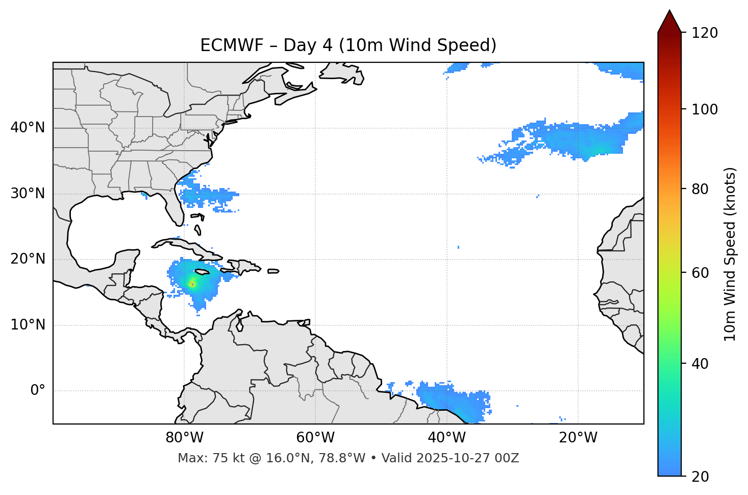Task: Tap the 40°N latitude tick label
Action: (x=28, y=128)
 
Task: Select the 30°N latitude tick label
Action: (x=28, y=194)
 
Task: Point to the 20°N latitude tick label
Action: (x=28, y=259)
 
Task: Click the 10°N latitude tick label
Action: (x=28, y=325)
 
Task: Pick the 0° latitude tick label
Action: (x=37, y=391)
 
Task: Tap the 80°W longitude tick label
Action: (x=184, y=438)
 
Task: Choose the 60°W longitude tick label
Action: (x=315, y=438)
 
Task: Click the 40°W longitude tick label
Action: (x=446, y=438)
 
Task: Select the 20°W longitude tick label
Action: (x=578, y=438)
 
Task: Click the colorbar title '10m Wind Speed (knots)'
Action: (x=730, y=254)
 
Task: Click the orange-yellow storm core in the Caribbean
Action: (x=192, y=284)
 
